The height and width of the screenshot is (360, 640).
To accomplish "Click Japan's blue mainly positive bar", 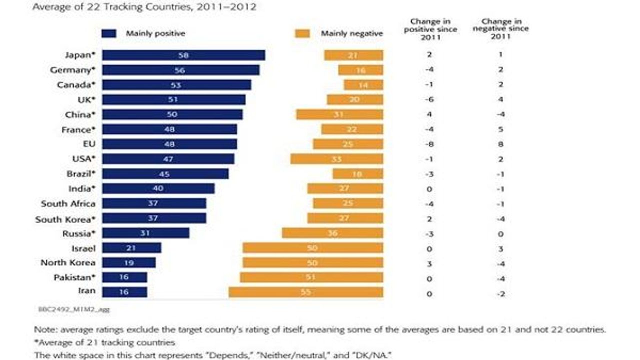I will pos(183,55).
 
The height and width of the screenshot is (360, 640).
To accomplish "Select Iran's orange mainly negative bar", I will pos(305,292).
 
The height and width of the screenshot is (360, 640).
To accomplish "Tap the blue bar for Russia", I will pos(145,233).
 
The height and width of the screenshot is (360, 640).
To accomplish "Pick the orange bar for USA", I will pos(336,159).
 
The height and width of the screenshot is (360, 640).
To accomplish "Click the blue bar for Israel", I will pos(131,248).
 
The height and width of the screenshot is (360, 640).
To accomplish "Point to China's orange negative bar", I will pos(339,114).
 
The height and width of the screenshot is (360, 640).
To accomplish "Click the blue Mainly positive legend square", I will pos(109,33).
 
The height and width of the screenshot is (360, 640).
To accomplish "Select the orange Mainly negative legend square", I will pos(302,33).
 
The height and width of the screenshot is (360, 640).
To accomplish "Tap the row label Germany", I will pos(72,70).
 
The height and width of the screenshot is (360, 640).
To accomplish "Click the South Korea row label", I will pos(65,219).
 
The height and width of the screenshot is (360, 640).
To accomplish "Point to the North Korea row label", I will pos(68,262).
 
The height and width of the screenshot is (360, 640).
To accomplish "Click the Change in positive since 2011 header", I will pos(430,29).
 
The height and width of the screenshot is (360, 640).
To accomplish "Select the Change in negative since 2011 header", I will pos(500,29).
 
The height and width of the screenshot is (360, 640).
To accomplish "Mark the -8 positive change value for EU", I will pos(429,144).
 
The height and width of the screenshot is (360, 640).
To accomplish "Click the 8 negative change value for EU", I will pos(500,144).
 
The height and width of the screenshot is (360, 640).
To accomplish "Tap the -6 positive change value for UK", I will pos(429,99).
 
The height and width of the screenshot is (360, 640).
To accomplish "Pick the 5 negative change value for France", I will pos(500,129).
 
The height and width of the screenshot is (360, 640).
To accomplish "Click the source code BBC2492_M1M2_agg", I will pos(73,309).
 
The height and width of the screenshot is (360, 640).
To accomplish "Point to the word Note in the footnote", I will pos(43,330).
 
